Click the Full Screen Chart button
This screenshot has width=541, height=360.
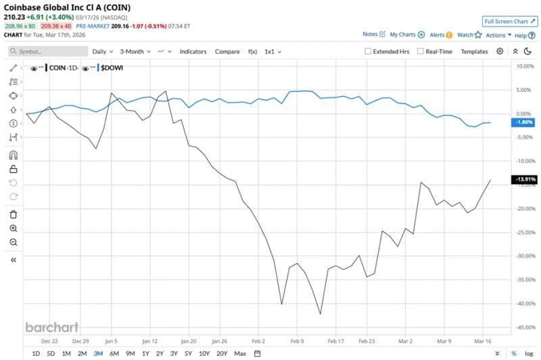point(510,22)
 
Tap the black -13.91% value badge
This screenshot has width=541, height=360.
point(525,179)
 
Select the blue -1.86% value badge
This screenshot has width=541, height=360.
point(525,122)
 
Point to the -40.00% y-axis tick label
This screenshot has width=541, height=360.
point(525,303)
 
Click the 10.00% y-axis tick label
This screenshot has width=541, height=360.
point(525,66)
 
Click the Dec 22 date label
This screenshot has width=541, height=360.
point(50,342)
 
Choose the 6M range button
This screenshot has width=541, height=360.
point(114,353)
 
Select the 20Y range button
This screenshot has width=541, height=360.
point(222,353)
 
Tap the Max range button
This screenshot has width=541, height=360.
point(240,353)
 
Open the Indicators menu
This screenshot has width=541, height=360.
point(193,51)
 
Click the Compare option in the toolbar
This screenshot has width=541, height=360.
point(227,51)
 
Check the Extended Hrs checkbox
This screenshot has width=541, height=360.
point(368,51)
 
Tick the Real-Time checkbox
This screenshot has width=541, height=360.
point(421,51)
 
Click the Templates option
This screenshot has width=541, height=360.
point(474,51)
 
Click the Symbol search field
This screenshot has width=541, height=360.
point(47,51)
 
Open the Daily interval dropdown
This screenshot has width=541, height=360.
point(102,51)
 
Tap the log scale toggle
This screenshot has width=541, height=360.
point(528,353)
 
